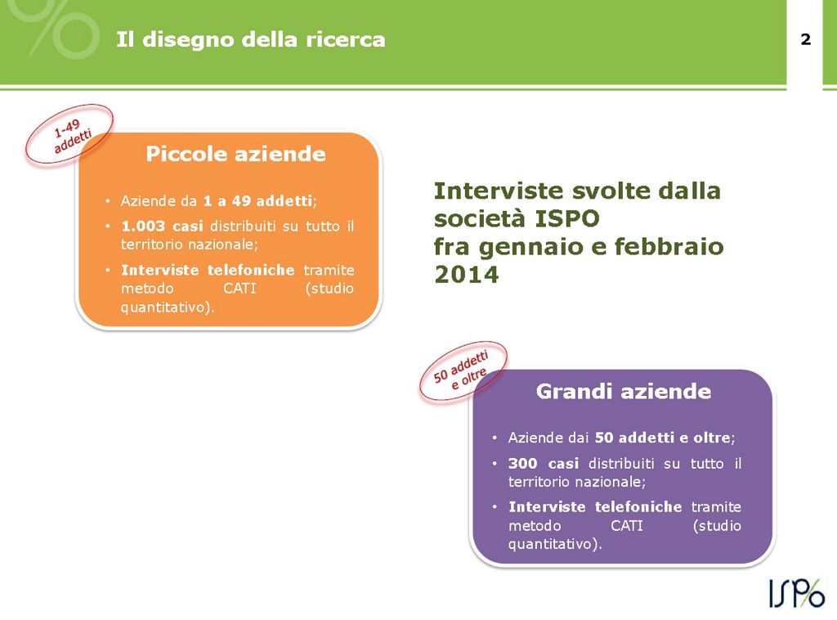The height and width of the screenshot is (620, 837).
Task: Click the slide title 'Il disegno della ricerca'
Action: click(x=250, y=39)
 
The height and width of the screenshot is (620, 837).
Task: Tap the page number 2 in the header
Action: click(x=805, y=39)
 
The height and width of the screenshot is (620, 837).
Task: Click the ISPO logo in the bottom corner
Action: click(x=796, y=592)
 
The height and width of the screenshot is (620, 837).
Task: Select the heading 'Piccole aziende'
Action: click(x=235, y=154)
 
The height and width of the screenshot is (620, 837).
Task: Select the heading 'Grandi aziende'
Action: click(x=623, y=392)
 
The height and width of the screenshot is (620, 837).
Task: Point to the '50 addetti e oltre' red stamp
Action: click(x=463, y=371)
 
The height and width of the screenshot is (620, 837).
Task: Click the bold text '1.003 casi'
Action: click(x=161, y=226)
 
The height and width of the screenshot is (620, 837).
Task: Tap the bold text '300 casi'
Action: click(x=543, y=464)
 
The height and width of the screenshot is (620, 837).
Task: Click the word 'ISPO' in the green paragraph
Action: click(x=568, y=219)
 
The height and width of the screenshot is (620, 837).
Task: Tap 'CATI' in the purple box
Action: click(x=627, y=525)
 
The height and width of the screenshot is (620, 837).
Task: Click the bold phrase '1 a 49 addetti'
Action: click(x=257, y=200)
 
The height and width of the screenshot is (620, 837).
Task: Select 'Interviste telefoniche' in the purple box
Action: click(x=594, y=506)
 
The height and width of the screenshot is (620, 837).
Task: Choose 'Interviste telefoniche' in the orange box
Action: click(x=207, y=270)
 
